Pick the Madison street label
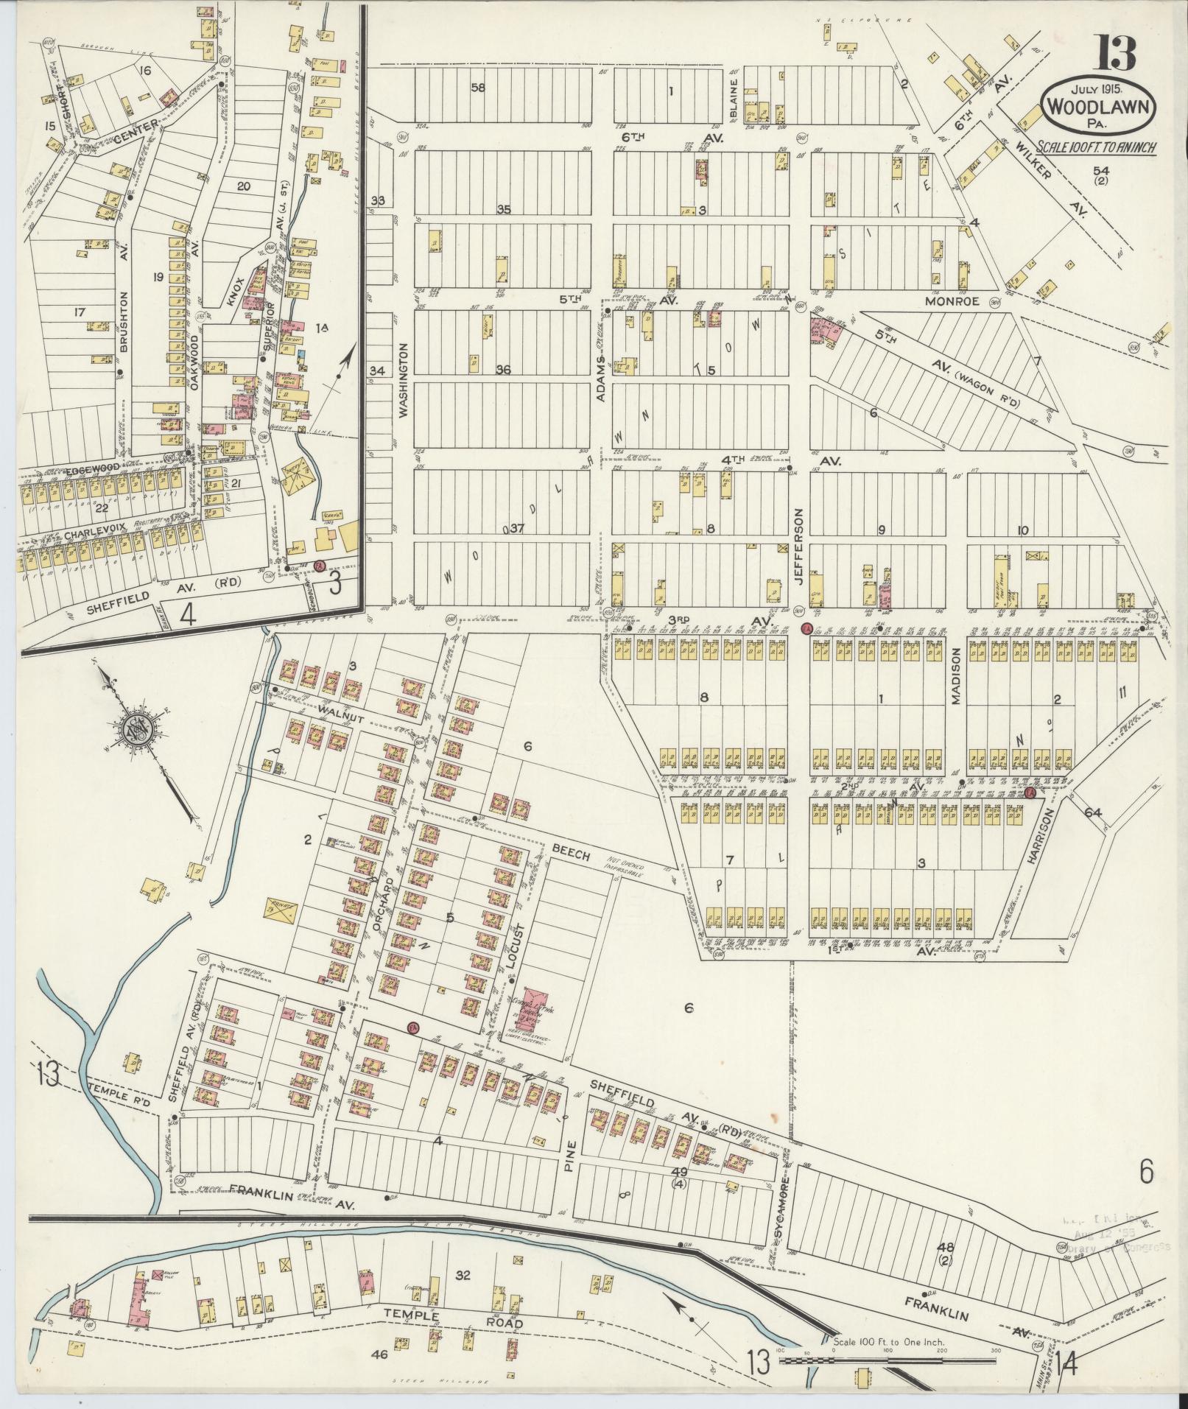pos(957,677)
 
